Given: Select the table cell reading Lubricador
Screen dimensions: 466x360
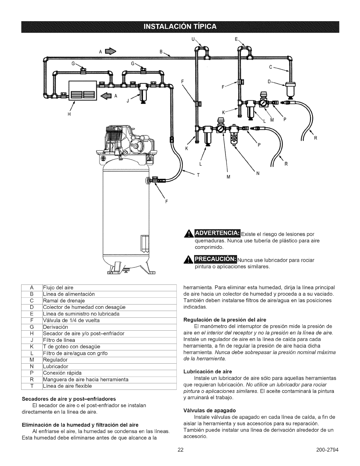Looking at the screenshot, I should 56,366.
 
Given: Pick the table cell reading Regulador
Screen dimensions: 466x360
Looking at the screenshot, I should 55,360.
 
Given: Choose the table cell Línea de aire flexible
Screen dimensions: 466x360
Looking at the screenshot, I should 67,386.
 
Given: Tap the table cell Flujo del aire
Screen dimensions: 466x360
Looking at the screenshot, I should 58,287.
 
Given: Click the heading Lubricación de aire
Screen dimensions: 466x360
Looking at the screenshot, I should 208,371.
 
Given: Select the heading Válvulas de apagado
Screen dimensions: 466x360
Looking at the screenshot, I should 209,410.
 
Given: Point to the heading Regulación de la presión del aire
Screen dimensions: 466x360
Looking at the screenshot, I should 225,319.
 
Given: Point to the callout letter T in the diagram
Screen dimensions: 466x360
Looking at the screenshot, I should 198,174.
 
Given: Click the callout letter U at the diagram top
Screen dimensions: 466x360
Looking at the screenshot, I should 193,39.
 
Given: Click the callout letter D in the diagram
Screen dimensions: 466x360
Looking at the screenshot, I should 269,80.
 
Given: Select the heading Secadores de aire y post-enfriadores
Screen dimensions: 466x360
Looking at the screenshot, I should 69,399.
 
